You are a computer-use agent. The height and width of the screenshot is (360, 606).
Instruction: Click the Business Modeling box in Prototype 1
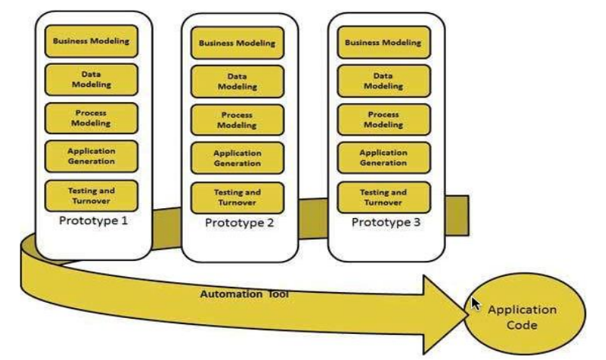(x=91, y=41)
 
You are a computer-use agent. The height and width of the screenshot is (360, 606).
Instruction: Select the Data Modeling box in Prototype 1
(x=91, y=79)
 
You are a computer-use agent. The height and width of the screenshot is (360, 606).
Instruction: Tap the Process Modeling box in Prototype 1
(x=91, y=117)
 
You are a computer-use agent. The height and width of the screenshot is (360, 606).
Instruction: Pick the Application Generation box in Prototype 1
(x=91, y=156)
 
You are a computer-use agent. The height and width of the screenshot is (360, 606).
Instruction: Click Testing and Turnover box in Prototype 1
(x=91, y=194)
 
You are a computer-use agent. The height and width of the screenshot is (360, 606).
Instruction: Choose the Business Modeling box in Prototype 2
(x=237, y=43)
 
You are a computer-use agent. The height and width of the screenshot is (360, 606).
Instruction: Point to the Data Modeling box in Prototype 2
(x=237, y=82)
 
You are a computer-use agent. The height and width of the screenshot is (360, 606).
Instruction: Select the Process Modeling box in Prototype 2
(x=237, y=121)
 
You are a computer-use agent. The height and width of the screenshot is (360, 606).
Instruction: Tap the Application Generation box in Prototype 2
(x=237, y=159)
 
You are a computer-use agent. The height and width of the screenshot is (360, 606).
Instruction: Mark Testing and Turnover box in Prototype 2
(x=237, y=198)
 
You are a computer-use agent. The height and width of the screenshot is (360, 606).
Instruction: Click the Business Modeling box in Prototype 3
(x=383, y=43)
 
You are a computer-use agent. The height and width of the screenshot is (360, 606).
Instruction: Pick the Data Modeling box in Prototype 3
(x=383, y=81)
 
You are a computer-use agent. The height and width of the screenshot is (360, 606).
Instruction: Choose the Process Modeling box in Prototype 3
(x=383, y=120)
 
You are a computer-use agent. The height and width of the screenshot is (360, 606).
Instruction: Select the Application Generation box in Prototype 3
(x=383, y=158)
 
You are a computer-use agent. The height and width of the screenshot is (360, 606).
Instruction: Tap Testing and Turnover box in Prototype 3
(x=383, y=197)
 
